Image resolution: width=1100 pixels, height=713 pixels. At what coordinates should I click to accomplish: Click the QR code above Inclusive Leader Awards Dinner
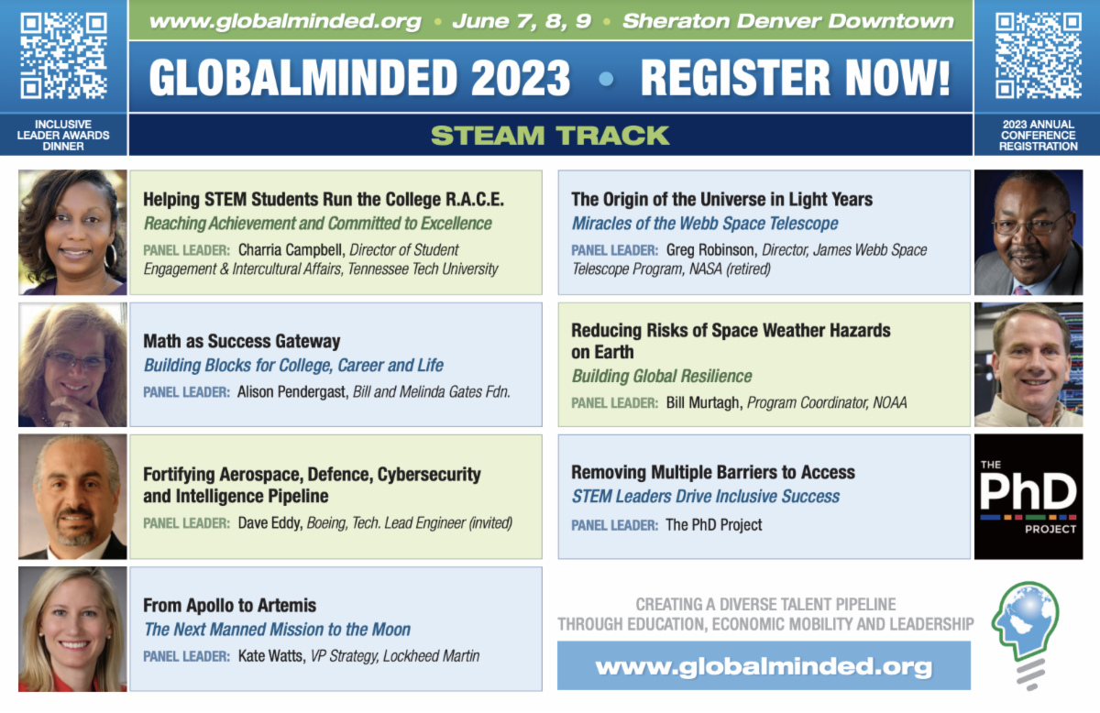pos(63,56)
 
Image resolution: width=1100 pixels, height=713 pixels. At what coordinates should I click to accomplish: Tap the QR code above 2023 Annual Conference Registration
pos(1038,56)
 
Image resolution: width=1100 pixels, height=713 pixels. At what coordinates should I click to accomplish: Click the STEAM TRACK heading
pos(550,136)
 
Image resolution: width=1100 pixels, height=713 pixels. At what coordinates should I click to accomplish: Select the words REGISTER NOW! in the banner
pos(795,78)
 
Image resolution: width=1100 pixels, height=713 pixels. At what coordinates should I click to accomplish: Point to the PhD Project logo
pos(1028,497)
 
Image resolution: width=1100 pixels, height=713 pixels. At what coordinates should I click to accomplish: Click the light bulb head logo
pos(1026,635)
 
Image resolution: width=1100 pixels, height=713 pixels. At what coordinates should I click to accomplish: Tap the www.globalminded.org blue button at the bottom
pos(764,665)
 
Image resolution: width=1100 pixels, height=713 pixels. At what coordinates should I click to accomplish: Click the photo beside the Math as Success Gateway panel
pos(72,365)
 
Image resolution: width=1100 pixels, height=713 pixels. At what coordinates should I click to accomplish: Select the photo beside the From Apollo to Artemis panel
pos(72,629)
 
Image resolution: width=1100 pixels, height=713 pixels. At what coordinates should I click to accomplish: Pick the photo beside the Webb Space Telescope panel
pos(1028,232)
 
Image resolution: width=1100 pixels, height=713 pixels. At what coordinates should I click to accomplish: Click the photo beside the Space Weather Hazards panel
pos(1028,365)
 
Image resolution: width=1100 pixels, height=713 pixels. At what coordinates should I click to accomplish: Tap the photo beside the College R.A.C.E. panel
pos(72,232)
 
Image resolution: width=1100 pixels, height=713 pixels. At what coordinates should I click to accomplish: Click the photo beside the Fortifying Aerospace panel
pos(72,497)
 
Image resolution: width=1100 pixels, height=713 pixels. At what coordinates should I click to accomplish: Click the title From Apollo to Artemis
pos(229,605)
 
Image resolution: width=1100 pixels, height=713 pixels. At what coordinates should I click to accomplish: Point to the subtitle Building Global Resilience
pos(662,376)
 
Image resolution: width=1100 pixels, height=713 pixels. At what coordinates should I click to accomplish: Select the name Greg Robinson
pos(709,250)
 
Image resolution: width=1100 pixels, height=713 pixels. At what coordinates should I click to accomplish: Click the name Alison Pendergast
pos(292,392)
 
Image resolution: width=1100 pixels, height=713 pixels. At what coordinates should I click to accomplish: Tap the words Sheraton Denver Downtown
pos(787,21)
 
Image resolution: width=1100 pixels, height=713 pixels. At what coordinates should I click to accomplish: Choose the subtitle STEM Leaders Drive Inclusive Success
pos(706,497)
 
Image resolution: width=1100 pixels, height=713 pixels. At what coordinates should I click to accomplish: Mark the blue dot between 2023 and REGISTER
pos(606,79)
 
